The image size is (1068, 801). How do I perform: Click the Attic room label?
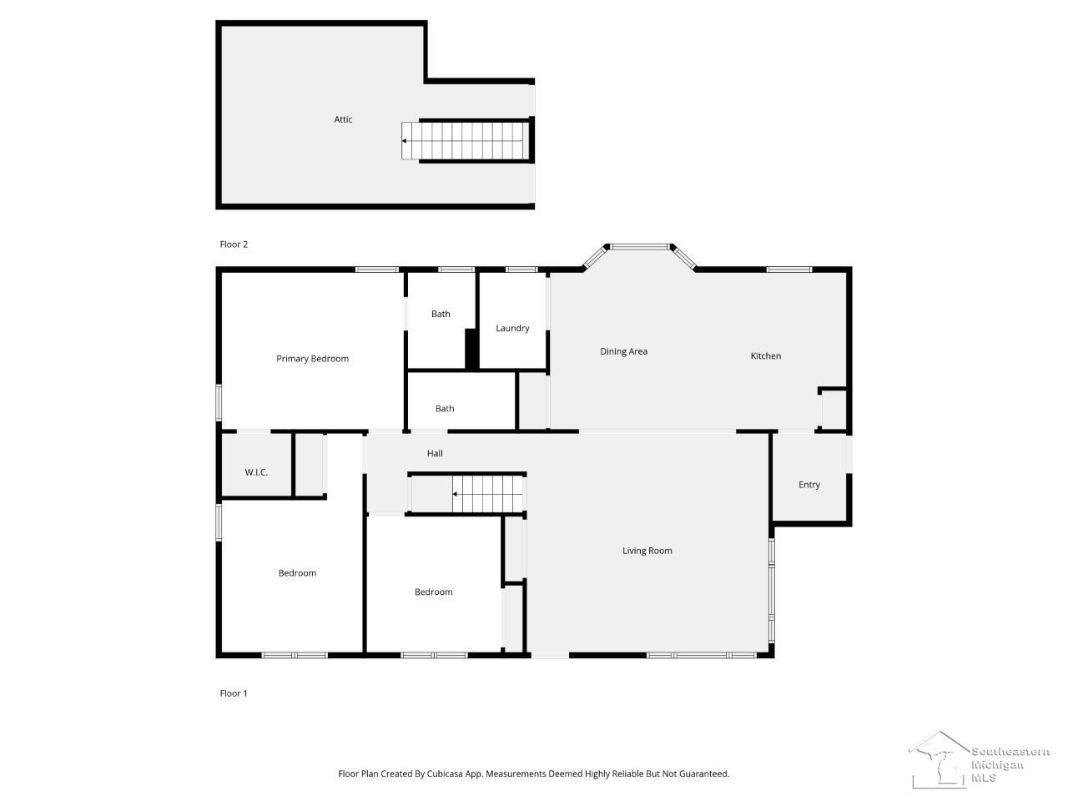point(343,119)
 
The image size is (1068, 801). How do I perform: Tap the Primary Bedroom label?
point(312,359)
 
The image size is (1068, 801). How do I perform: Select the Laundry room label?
point(511,328)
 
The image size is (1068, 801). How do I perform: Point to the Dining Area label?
point(623,351)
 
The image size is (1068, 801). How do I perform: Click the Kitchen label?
point(765,355)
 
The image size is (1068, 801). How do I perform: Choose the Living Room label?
point(647,550)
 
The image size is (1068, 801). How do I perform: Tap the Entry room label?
point(809,485)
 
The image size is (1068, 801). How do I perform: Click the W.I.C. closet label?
point(256,471)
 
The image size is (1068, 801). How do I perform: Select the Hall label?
point(435,453)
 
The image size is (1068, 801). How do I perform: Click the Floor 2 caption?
point(234,244)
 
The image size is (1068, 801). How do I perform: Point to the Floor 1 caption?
point(233,693)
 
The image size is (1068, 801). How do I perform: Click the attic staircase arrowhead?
point(404,141)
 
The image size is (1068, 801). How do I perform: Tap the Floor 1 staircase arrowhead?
point(455,494)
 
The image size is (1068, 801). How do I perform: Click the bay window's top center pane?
point(639,247)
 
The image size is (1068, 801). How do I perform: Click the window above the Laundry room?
point(521,270)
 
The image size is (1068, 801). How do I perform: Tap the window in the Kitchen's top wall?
point(788,270)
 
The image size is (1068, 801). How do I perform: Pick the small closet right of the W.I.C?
point(310,465)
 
